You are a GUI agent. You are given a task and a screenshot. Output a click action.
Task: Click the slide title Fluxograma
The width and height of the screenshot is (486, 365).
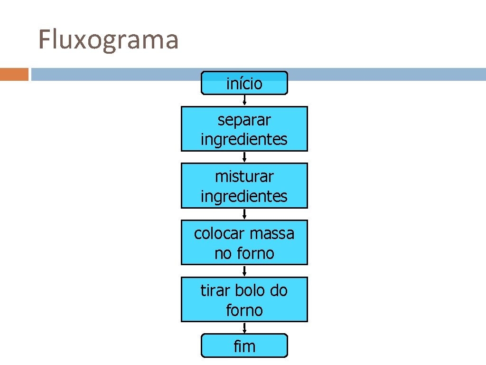coord(108,40)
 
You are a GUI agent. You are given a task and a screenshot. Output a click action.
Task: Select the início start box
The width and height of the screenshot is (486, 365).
coord(244,84)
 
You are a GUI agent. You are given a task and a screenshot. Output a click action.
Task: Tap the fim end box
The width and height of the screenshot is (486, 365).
coord(244,346)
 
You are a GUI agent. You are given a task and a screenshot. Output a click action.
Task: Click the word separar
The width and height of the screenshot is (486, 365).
coord(244,120)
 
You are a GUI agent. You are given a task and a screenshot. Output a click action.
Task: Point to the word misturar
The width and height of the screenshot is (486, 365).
coord(244,176)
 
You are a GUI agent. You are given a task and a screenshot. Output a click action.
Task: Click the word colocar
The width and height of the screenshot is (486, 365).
coord(219,233)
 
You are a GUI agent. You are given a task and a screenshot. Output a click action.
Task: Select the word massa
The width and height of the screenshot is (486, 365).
coord(272,233)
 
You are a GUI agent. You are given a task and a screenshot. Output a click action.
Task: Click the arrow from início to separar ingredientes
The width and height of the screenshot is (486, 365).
coord(244,100)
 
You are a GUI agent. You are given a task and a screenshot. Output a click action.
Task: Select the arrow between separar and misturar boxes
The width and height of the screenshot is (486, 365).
coord(244,157)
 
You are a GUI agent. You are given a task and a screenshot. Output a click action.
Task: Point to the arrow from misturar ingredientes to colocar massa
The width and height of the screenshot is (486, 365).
coord(244,214)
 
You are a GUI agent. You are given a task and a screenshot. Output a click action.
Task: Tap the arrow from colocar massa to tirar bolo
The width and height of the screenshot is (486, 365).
coord(244,271)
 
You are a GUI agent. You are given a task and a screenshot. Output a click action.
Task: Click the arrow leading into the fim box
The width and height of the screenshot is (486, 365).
coord(244,327)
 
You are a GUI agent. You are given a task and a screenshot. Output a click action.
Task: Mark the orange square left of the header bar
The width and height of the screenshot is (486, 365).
coord(14,75)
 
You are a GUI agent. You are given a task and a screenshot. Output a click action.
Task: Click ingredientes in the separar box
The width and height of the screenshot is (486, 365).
coord(244,140)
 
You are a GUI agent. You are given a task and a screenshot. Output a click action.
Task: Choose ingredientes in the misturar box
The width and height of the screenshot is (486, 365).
coord(244,196)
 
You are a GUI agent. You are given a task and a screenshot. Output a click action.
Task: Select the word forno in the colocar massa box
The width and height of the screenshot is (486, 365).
coord(256,253)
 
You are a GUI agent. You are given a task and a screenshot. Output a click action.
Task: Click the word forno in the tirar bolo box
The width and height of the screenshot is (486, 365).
coord(244,310)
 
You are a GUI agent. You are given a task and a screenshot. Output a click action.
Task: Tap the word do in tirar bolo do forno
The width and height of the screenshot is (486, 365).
coord(278,290)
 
